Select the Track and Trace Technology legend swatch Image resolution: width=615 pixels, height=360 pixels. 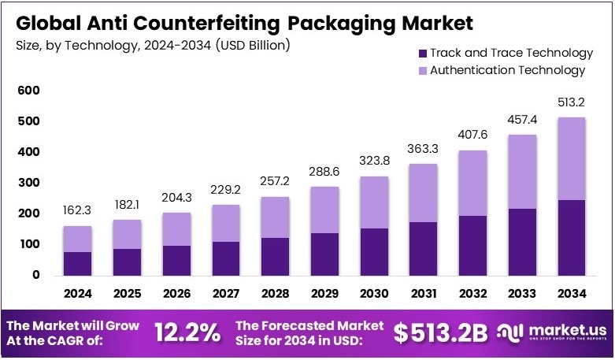422,54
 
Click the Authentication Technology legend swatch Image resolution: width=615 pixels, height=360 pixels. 422,70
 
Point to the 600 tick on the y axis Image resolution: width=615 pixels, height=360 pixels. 29,91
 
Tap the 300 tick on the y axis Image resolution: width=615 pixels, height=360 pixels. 29,183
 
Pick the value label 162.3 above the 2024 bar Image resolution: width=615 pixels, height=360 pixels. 78,211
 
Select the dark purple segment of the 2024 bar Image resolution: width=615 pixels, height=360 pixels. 78,263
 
